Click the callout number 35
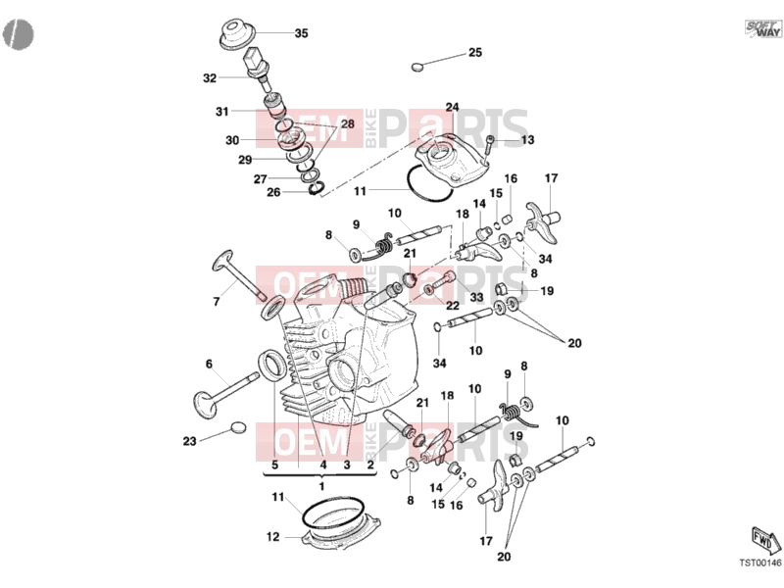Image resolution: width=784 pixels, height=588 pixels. pos(301,33)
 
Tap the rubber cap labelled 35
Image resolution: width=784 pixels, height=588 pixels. pos(237,33)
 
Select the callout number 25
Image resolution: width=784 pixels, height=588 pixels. pos(475,53)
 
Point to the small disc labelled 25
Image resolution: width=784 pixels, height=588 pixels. pos(418,66)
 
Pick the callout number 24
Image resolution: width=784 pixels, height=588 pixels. pos(452,107)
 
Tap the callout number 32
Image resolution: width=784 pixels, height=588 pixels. pos(210,78)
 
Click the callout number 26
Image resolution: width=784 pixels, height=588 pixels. pos(273,192)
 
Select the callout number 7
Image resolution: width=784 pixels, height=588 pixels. pos(216,302)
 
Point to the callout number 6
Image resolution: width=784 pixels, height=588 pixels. pos(209,364)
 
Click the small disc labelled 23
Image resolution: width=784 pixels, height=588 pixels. pos(238,427)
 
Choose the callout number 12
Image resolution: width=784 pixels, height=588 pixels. pos(272,537)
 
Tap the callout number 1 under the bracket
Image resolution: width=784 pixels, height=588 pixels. pos(321,486)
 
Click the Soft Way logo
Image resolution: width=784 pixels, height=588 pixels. pos(763,28)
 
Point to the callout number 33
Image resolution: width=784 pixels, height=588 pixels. pos(476,298)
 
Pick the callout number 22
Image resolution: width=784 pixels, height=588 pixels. pos(453,306)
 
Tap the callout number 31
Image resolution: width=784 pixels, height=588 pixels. pos(222,112)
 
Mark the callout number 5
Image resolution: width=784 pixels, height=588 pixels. pos(274,465)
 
